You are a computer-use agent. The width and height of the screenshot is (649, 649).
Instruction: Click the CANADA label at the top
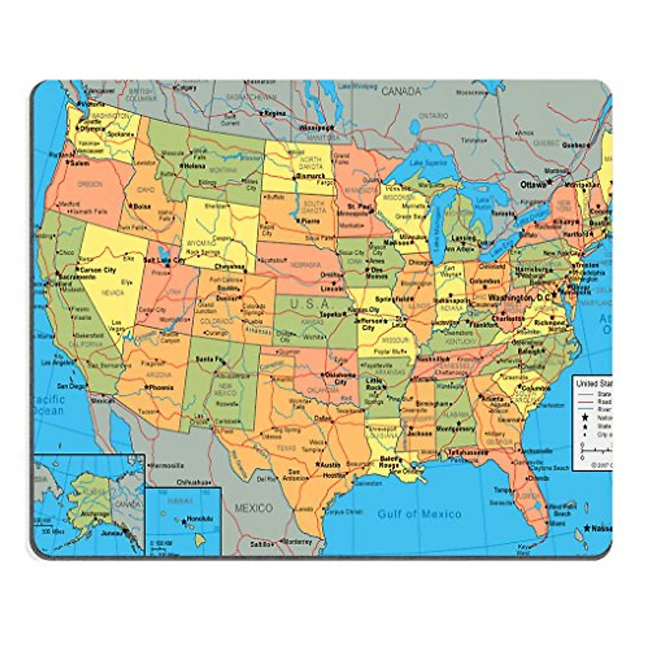(x=401, y=91)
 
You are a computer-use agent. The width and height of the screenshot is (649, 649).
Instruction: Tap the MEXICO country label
(x=253, y=508)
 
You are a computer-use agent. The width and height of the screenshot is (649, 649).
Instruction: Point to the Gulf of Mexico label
(x=420, y=513)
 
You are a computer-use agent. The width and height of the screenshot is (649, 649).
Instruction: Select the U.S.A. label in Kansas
(x=310, y=304)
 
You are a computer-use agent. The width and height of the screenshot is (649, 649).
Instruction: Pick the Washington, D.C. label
(x=519, y=298)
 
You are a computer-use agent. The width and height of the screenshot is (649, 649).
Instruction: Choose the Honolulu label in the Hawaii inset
(x=200, y=518)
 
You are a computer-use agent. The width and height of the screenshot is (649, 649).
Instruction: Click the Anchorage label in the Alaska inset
(x=95, y=513)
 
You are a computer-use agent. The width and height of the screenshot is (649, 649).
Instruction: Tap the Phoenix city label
(x=162, y=387)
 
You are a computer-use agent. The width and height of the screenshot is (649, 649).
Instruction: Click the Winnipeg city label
(x=315, y=128)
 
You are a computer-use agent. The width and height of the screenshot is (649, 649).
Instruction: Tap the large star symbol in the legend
(x=585, y=418)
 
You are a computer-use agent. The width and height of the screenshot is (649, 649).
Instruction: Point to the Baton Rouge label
(x=388, y=462)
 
